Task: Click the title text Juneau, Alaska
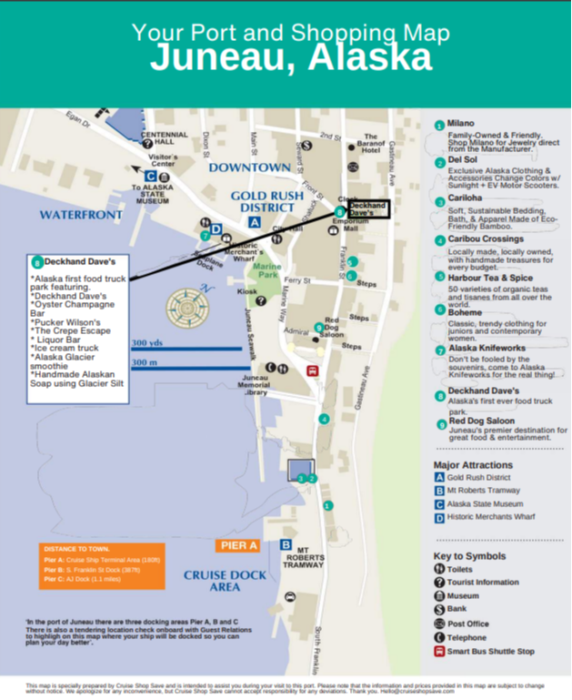290,57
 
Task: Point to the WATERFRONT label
80,215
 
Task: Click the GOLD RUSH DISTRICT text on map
272,201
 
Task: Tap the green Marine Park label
267,270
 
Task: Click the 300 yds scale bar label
147,343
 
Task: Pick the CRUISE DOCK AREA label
225,581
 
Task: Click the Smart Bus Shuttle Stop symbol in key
439,651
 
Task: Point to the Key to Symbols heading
472,555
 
